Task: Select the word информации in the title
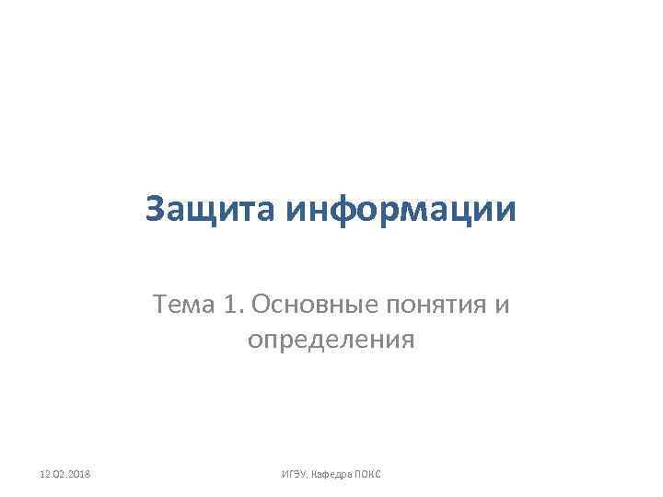pos(401,211)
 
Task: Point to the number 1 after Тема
pos(230,304)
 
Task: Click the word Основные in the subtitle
pos(308,304)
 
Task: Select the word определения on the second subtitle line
pos(331,341)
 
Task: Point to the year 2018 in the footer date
pos(90,473)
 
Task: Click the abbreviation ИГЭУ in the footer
pos(293,473)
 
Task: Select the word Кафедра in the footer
pos(332,473)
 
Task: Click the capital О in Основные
pos(259,304)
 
